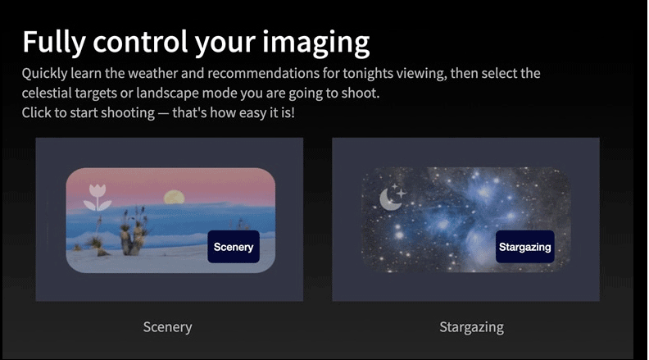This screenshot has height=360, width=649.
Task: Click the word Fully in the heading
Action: (54, 42)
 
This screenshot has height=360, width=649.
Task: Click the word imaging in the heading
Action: (316, 43)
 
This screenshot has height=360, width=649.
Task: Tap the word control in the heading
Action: (140, 42)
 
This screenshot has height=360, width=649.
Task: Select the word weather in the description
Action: (152, 73)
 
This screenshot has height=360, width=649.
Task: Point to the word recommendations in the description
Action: (263, 73)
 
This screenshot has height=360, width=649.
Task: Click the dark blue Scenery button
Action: (234, 247)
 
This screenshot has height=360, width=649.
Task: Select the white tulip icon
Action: (98, 197)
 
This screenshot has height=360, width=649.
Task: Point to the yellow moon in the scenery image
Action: (174, 197)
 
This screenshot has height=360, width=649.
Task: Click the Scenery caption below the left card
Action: (168, 327)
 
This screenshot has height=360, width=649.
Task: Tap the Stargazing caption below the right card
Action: (472, 327)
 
